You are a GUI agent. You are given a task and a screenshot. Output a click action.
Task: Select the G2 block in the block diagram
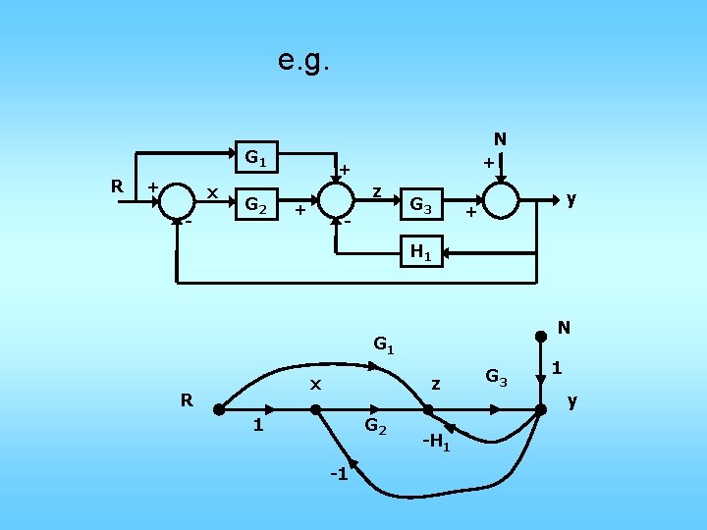pyautogui.click(x=257, y=206)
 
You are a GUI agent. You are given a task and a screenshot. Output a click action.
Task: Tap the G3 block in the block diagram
pyautogui.click(x=422, y=206)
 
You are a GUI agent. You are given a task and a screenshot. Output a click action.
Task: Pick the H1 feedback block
pyautogui.click(x=421, y=252)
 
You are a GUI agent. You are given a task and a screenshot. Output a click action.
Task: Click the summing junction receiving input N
pyautogui.click(x=501, y=199)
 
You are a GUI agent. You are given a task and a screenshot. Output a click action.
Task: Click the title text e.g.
pyautogui.click(x=305, y=62)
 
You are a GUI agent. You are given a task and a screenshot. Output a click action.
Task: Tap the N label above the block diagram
pyautogui.click(x=500, y=139)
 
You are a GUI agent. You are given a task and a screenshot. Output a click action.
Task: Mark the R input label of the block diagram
pyautogui.click(x=117, y=185)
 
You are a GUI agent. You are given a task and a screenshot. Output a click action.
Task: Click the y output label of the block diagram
pyautogui.click(x=571, y=199)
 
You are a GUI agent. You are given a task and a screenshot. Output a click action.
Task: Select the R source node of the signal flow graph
pyautogui.click(x=218, y=410)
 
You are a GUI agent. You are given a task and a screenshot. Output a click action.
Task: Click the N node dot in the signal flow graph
pyautogui.click(x=540, y=337)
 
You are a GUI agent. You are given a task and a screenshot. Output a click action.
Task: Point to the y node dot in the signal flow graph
pyautogui.click(x=540, y=409)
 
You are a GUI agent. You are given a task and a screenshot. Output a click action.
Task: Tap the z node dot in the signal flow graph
pyautogui.click(x=428, y=410)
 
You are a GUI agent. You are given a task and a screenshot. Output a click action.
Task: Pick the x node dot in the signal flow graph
pyautogui.click(x=316, y=410)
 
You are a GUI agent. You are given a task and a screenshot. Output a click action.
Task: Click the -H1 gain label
pyautogui.click(x=436, y=442)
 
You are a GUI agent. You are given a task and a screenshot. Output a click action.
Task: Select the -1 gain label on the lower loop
pyautogui.click(x=339, y=475)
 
